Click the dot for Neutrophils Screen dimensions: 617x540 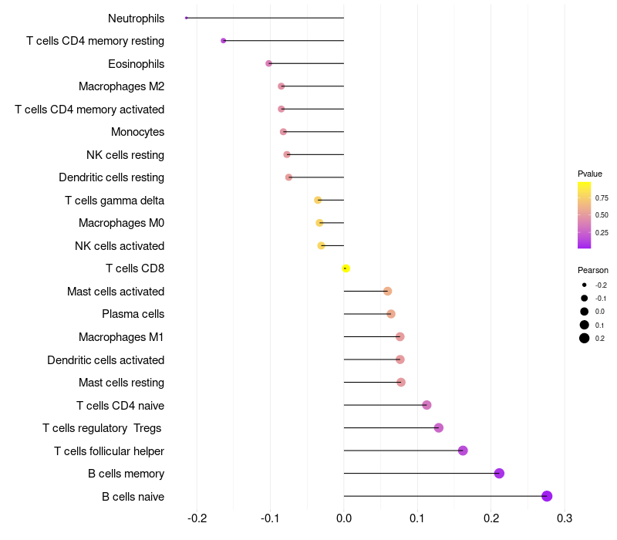point(186,18)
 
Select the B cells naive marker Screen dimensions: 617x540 point(547,496)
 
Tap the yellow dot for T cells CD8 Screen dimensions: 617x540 point(346,268)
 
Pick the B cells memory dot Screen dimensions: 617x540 point(499,473)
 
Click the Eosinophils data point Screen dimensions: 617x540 point(268,63)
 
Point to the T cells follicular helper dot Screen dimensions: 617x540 point(463,451)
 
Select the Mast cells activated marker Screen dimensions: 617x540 point(388,292)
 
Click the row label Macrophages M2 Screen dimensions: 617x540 point(121,86)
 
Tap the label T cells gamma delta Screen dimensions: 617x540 point(114,201)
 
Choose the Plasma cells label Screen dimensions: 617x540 point(133,314)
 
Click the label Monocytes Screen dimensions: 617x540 point(137,132)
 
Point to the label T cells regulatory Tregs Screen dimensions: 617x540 point(102,428)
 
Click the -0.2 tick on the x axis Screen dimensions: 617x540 point(197,518)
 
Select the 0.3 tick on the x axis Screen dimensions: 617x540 point(565,518)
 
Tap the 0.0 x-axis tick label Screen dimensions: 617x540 point(344,518)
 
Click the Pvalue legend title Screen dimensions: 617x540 point(590,174)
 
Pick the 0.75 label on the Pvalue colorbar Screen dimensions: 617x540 point(602,198)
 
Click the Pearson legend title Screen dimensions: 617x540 point(592,270)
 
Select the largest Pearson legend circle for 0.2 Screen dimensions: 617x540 point(585,338)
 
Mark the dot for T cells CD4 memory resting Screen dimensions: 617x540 point(224,41)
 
